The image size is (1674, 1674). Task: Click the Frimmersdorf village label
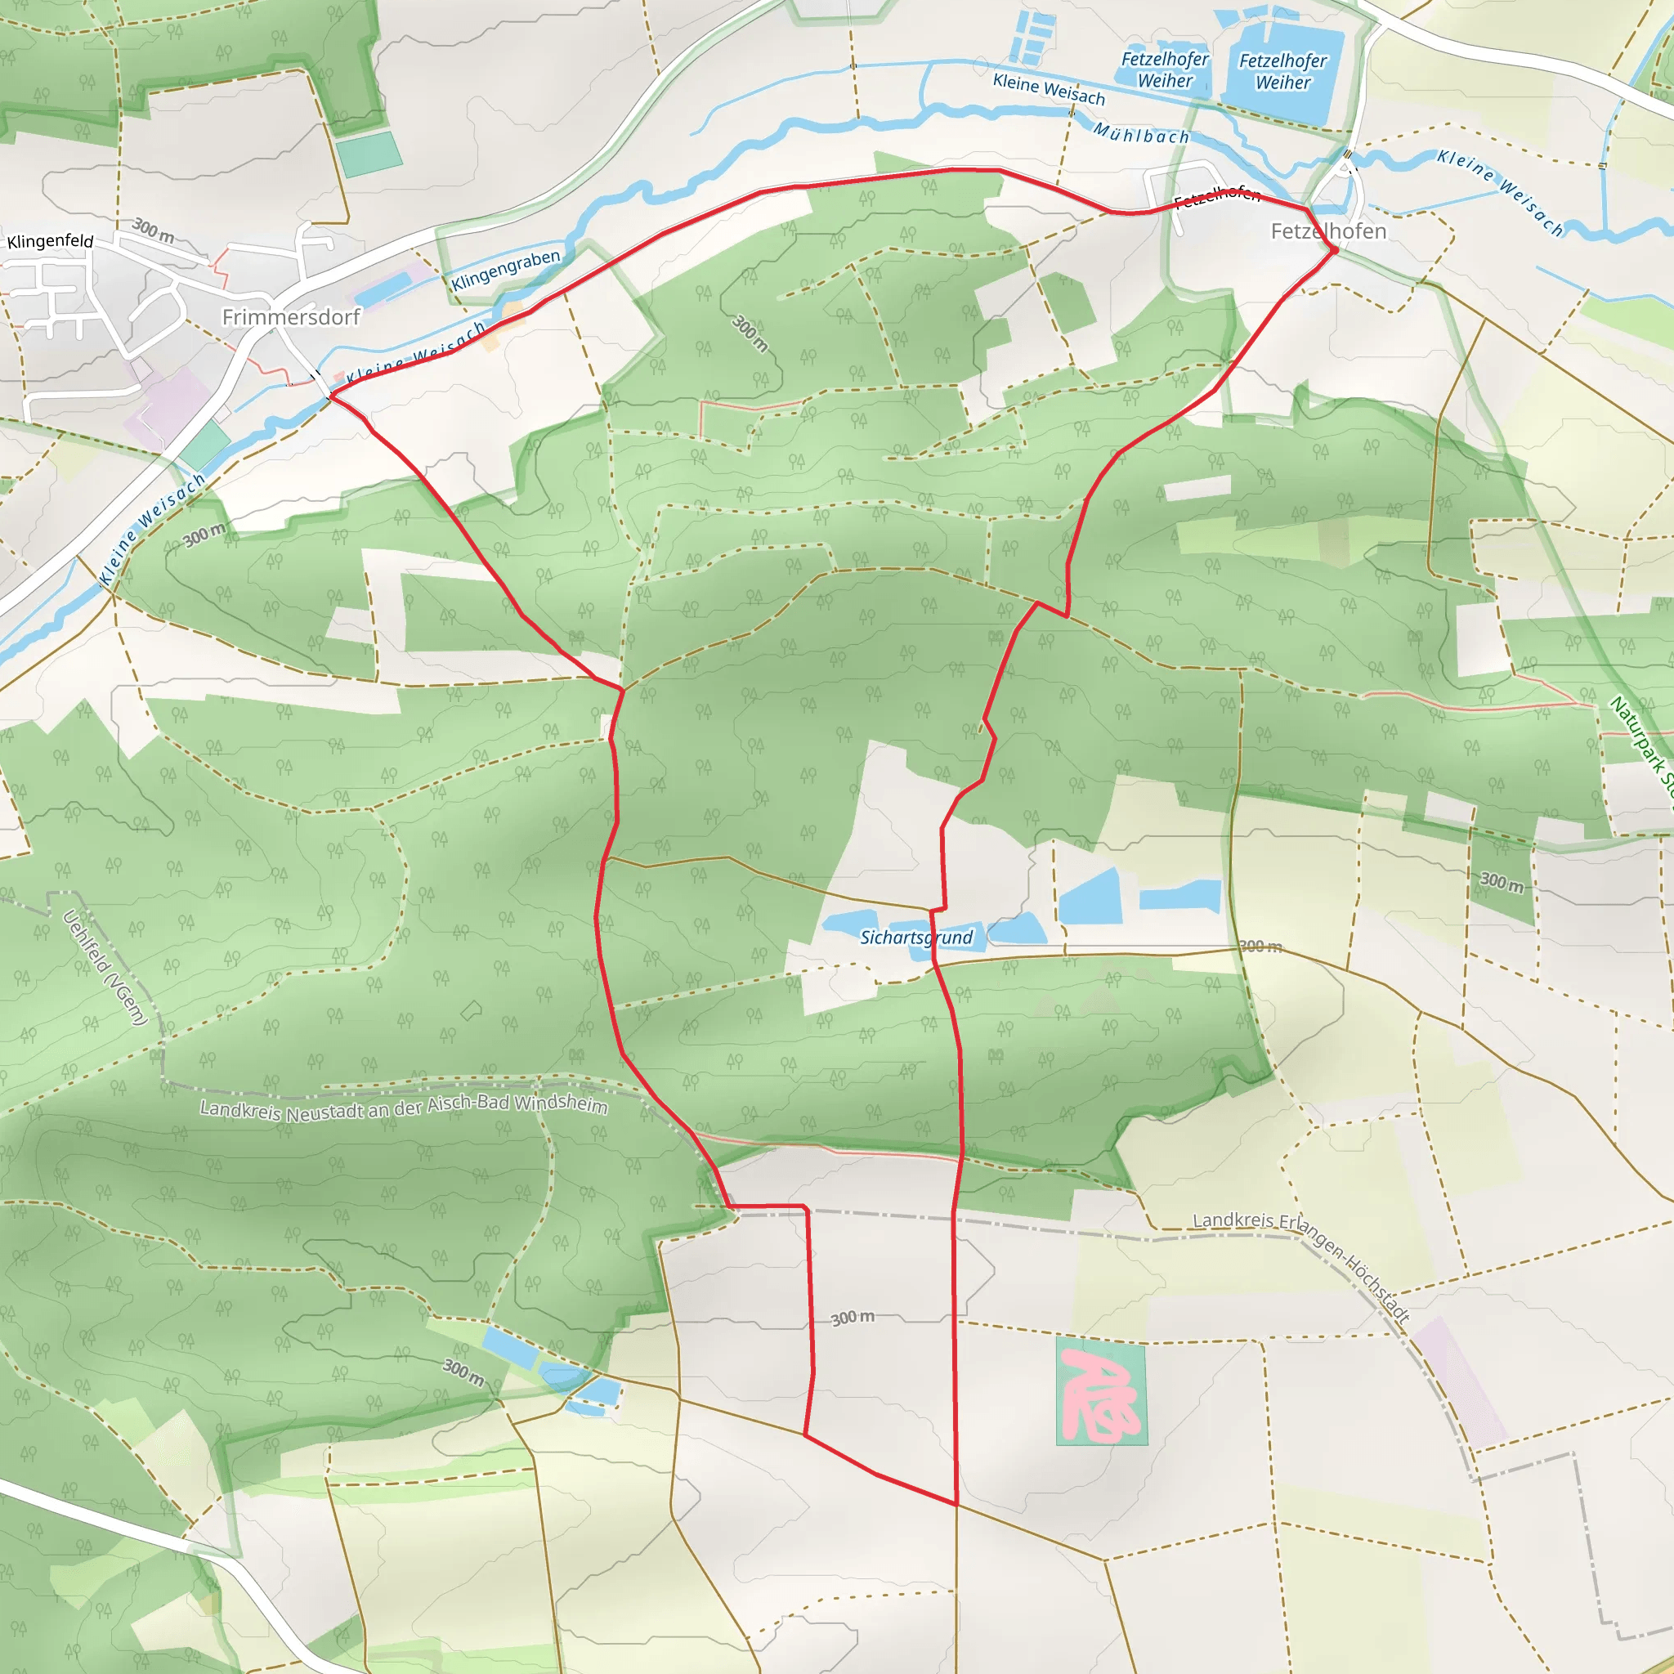pyautogui.click(x=290, y=317)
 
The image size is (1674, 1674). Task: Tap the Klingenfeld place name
pyautogui.click(x=50, y=241)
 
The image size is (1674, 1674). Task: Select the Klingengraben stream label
pyautogui.click(x=506, y=270)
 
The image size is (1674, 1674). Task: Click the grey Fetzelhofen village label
pyautogui.click(x=1328, y=231)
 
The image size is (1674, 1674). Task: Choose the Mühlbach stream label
pyautogui.click(x=1141, y=134)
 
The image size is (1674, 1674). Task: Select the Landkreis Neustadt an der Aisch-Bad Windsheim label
pyautogui.click(x=404, y=1108)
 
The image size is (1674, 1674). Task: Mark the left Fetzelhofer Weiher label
pyautogui.click(x=1165, y=70)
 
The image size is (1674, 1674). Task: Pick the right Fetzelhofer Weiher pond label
pyautogui.click(x=1282, y=72)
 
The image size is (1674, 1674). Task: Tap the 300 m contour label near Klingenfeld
pyautogui.click(x=154, y=230)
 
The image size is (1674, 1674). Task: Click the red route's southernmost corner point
pyautogui.click(x=956, y=1504)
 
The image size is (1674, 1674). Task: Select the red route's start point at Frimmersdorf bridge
pyautogui.click(x=331, y=396)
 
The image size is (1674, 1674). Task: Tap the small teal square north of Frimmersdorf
pyautogui.click(x=369, y=154)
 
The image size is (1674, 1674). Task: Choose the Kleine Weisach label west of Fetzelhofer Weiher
pyautogui.click(x=1049, y=90)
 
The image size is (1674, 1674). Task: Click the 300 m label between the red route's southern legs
pyautogui.click(x=853, y=1318)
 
